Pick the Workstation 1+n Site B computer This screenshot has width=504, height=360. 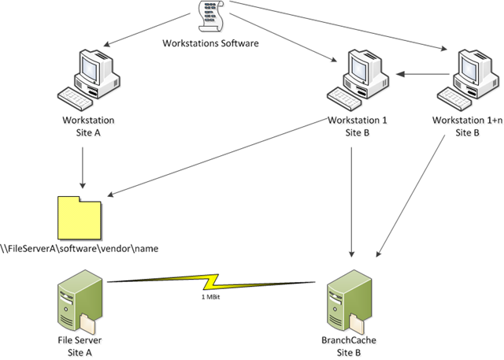click(469, 79)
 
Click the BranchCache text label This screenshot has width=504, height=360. click(349, 340)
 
